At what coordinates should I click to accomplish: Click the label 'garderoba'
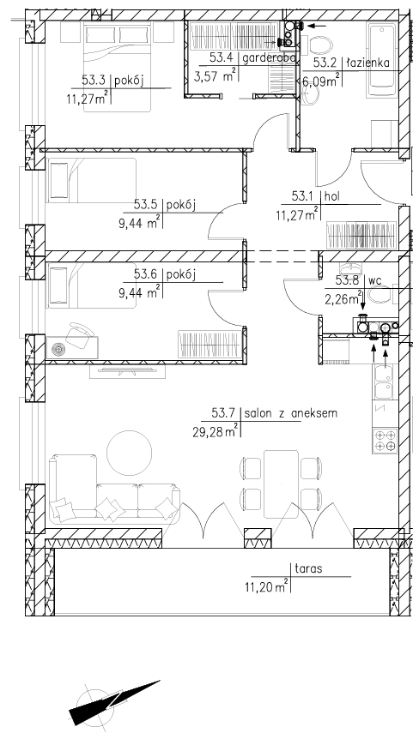tap(269, 58)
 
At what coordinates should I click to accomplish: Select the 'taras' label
tap(308, 569)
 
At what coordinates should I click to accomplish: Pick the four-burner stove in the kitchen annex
tap(385, 441)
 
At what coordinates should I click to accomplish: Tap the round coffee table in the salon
tap(130, 452)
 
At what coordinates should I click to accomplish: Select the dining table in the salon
tap(282, 484)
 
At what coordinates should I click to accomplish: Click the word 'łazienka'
tap(368, 63)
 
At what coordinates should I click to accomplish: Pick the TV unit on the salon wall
tap(128, 370)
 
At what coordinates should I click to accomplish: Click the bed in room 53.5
tap(91, 181)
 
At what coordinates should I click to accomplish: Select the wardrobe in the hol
tap(361, 235)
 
